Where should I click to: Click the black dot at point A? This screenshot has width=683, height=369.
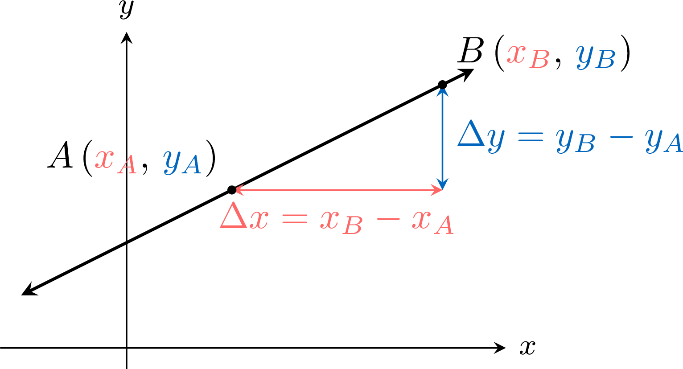tap(232, 190)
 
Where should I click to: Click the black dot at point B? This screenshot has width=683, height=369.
tap(442, 85)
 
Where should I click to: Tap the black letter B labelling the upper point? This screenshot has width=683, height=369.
tap(470, 50)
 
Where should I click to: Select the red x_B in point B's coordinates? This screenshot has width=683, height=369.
tap(528, 57)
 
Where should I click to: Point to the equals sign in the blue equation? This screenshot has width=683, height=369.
tap(531, 136)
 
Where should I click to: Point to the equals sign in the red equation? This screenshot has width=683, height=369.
tap(295, 218)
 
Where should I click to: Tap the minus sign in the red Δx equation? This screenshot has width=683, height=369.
tap(388, 218)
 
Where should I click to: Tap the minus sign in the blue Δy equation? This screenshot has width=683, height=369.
tap(621, 137)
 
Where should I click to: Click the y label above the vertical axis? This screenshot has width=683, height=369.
tap(127, 9)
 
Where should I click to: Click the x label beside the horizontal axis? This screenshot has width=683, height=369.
tap(527, 347)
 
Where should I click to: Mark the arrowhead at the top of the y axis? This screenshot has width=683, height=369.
tap(126, 38)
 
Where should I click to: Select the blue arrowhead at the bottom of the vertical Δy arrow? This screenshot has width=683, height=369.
tap(442, 184)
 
